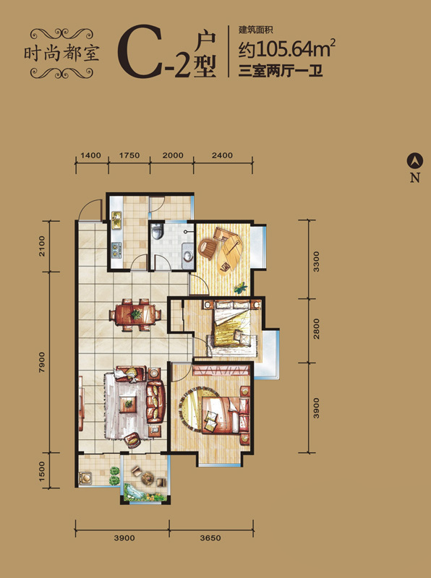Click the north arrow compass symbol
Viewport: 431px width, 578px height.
point(415,160)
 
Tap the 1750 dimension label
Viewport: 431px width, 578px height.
point(129,155)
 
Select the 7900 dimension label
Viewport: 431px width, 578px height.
point(42,362)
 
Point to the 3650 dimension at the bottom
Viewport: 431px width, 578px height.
point(210,538)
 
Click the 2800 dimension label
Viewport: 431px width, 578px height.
point(316,329)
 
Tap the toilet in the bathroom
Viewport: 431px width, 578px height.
point(158,231)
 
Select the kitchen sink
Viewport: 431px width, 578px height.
point(116,220)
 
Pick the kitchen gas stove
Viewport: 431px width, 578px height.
point(117,249)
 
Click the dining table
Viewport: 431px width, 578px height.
point(135,315)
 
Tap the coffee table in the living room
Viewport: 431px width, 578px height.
point(128,404)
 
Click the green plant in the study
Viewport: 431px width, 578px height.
point(240,287)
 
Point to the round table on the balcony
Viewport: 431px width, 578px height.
point(148,478)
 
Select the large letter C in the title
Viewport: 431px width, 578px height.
point(140,51)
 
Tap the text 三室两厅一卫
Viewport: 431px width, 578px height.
point(281,70)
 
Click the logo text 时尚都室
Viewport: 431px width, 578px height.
point(61,53)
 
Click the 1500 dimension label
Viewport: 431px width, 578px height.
point(42,471)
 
